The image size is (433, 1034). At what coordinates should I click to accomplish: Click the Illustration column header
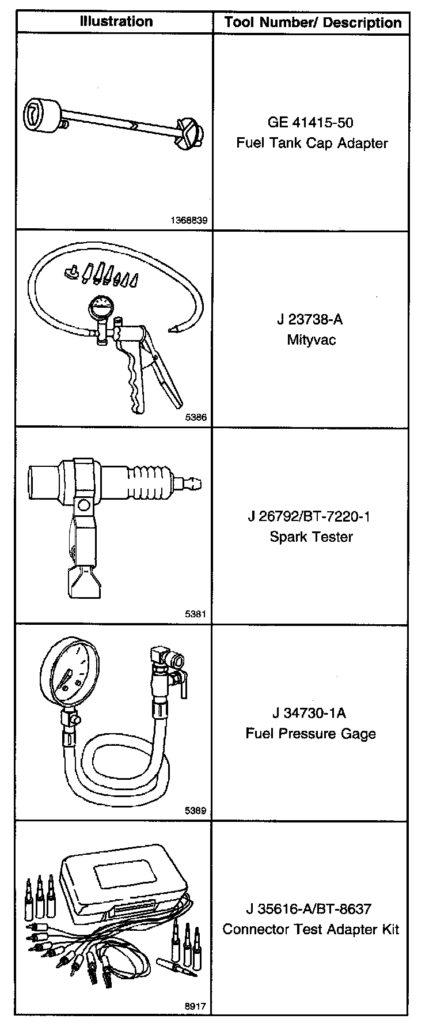pyautogui.click(x=116, y=22)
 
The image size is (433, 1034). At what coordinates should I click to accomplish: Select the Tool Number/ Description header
pyautogui.click(x=313, y=23)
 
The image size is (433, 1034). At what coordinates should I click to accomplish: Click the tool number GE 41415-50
pyautogui.click(x=311, y=122)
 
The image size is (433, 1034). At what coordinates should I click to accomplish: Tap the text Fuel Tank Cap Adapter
pyautogui.click(x=312, y=143)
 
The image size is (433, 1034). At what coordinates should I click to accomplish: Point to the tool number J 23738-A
pyautogui.click(x=311, y=319)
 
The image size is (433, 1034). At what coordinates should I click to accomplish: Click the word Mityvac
pyautogui.click(x=312, y=339)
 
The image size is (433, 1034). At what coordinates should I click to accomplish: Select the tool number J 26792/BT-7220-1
pyautogui.click(x=310, y=516)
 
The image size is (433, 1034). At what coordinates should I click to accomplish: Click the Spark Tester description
pyautogui.click(x=312, y=537)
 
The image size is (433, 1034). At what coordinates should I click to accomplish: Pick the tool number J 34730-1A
pyautogui.click(x=310, y=713)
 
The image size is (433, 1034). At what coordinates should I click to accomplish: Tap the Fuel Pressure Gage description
pyautogui.click(x=311, y=734)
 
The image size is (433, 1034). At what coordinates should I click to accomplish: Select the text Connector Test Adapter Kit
pyautogui.click(x=311, y=930)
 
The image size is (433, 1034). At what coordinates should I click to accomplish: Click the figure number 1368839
pyautogui.click(x=189, y=220)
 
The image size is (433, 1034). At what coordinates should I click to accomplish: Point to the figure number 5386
pyautogui.click(x=196, y=418)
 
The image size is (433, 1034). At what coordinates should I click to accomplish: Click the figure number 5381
pyautogui.click(x=196, y=614)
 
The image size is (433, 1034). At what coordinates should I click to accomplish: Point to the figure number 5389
pyautogui.click(x=196, y=811)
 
